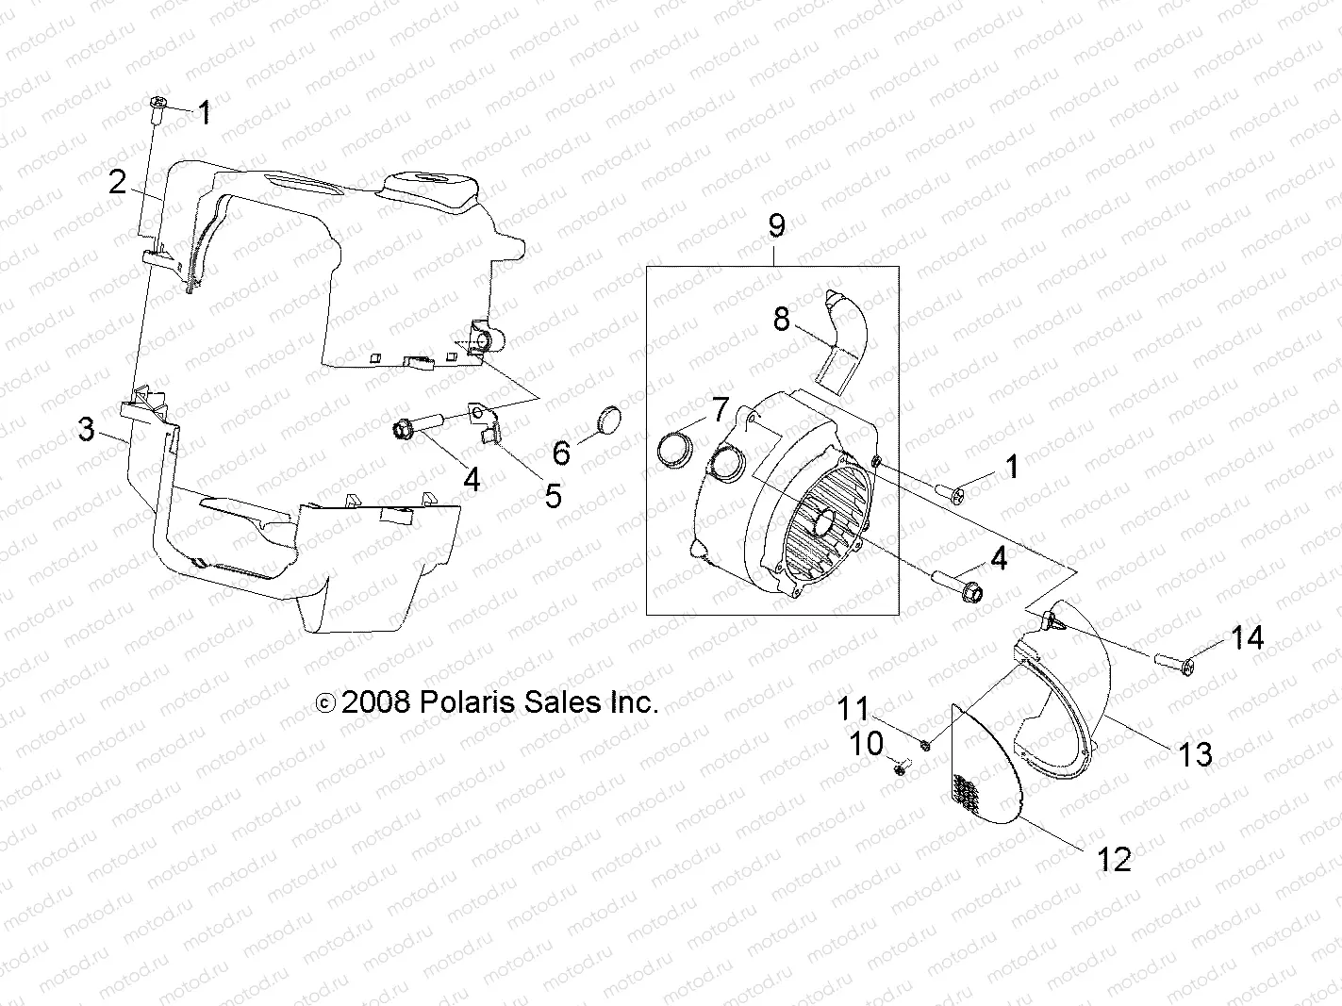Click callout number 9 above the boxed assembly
coord(776,225)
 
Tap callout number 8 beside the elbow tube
coord(781,320)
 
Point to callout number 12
coord(1114,859)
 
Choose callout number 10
coord(867,744)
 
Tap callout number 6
coord(561,454)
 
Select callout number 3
coord(87,431)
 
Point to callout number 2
coord(117,181)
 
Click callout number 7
coord(721,410)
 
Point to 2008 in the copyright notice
coord(376,702)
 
